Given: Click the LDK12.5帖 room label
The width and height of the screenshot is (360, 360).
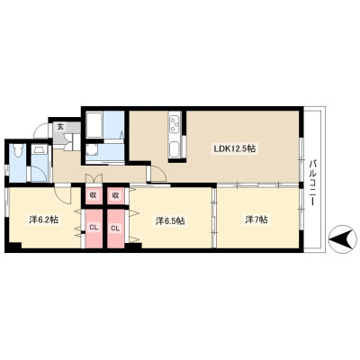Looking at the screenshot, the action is click(234, 148).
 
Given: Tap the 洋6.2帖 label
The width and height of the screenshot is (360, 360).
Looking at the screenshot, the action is click(43, 220).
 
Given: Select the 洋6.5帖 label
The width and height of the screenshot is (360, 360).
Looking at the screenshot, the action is click(170, 221).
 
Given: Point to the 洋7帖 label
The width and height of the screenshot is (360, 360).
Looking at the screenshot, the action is click(255, 220).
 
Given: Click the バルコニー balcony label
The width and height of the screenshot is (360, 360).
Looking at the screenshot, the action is click(313, 182).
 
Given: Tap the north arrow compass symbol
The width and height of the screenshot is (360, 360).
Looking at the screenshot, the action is click(340, 239).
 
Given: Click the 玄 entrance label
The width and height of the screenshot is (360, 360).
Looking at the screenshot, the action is click(60, 127).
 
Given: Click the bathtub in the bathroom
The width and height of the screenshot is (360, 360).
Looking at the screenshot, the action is click(94, 125).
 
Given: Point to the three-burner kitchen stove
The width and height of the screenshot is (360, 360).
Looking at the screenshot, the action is click(175, 124).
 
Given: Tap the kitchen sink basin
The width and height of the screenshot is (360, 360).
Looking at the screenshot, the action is click(175, 149).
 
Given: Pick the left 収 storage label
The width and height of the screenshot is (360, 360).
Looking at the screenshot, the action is click(94, 195).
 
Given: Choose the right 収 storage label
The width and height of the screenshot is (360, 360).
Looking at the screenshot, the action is click(115, 195).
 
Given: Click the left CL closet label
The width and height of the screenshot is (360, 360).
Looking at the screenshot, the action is click(94, 228).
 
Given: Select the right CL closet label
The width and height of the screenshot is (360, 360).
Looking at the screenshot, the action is click(115, 228).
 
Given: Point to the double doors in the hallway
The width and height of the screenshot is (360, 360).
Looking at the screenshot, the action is click(94, 178).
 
